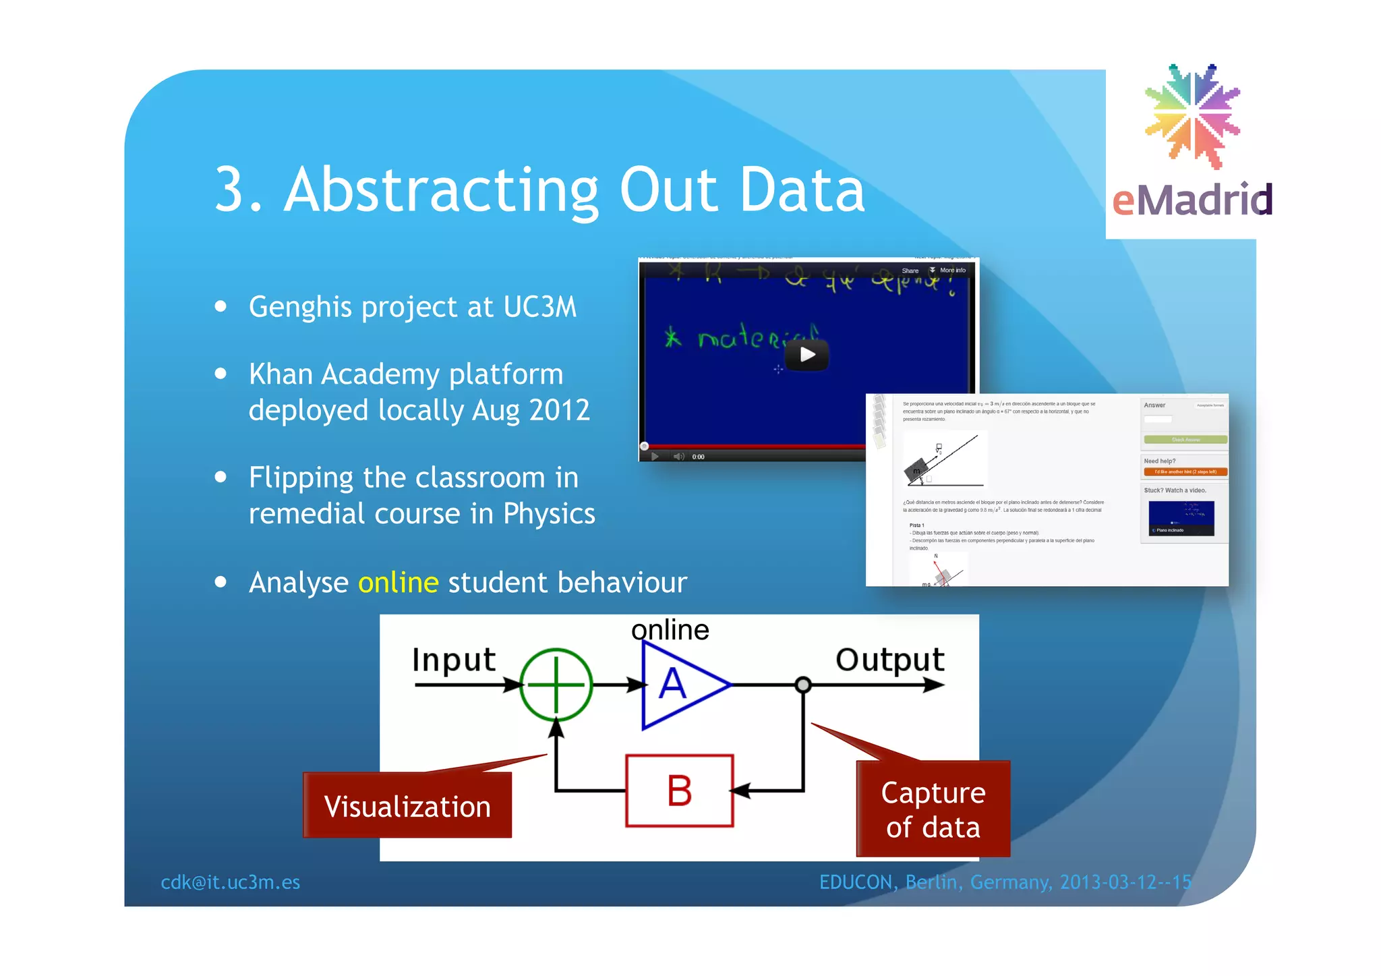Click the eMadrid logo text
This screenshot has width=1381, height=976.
(1192, 200)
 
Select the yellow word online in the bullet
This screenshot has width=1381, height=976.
(398, 583)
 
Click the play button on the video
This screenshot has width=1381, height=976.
(808, 355)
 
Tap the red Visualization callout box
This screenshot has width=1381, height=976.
(407, 807)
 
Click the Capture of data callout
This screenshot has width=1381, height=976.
(933, 809)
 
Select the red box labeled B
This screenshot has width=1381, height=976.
(679, 791)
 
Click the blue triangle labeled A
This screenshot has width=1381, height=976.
(678, 685)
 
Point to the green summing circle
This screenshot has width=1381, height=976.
(556, 685)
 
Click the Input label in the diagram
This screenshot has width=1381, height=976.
(454, 660)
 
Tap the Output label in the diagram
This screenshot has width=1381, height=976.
(889, 660)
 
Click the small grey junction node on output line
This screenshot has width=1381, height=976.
(802, 685)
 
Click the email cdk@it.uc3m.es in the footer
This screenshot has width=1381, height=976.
(230, 882)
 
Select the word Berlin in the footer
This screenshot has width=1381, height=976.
(933, 882)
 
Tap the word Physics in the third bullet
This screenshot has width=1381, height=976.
(549, 514)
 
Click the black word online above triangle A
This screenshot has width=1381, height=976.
(670, 630)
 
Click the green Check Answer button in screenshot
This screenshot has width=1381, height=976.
(1185, 440)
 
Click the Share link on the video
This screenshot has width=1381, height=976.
(910, 270)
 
